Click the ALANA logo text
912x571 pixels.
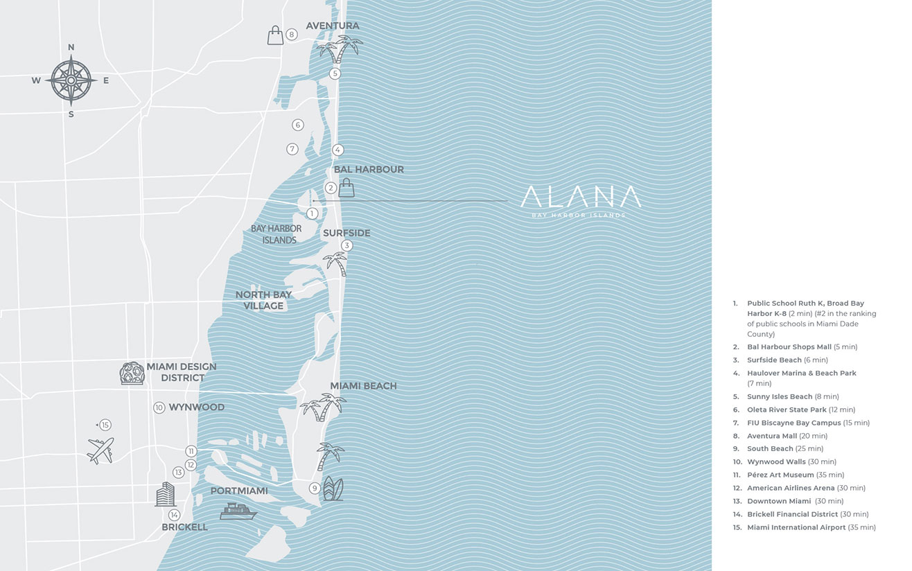581,197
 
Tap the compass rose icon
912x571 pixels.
71,80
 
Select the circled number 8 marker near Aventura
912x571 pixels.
292,34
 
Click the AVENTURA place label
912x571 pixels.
333,26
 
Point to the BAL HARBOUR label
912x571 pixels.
369,169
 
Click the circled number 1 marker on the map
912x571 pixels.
313,213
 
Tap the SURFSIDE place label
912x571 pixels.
347,233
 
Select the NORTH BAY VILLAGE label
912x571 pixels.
263,300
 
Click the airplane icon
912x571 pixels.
100,450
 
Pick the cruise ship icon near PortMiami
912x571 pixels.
238,511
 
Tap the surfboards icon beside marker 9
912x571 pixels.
333,488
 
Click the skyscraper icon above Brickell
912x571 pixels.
165,494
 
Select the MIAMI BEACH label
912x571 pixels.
363,386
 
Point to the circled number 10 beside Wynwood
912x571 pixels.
159,407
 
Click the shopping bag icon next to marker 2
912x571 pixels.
347,187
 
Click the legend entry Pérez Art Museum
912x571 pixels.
795,475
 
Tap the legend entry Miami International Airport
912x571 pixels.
811,527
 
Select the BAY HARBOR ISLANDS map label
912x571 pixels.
277,234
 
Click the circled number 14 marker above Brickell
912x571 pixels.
174,515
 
